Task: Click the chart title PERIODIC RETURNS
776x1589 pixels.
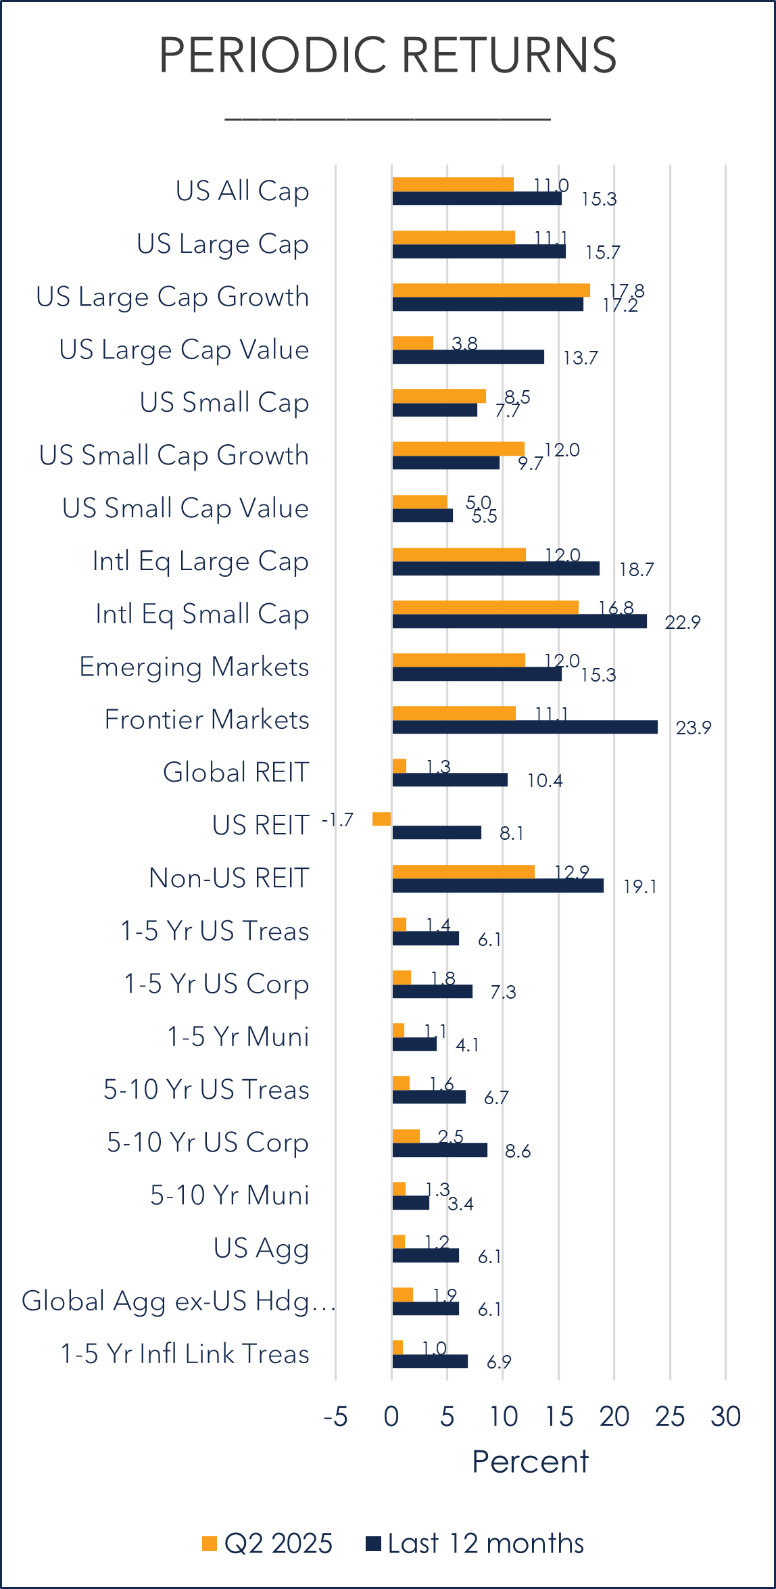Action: click(x=387, y=55)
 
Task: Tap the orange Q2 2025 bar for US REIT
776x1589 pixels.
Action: click(x=382, y=819)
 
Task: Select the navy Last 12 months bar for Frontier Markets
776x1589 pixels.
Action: click(x=525, y=727)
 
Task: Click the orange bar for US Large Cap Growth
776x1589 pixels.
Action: click(x=491, y=290)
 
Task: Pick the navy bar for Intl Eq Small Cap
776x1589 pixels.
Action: click(x=519, y=621)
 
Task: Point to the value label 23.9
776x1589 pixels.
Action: click(x=694, y=728)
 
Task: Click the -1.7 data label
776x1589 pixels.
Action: click(x=337, y=820)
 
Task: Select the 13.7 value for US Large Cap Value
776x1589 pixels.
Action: click(x=581, y=358)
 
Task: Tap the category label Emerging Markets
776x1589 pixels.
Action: click(x=194, y=667)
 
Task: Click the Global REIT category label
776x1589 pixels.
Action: click(x=236, y=772)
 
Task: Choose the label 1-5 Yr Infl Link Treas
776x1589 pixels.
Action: click(x=185, y=1354)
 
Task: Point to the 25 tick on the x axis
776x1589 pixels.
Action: click(x=670, y=1417)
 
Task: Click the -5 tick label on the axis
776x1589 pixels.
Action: click(x=335, y=1417)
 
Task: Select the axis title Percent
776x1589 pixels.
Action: click(x=530, y=1462)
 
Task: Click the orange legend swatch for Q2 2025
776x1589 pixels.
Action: click(x=210, y=1544)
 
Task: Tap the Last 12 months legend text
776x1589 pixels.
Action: click(x=485, y=1544)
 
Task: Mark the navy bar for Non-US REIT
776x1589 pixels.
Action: click(x=498, y=886)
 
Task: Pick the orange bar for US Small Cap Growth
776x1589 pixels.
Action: click(x=458, y=448)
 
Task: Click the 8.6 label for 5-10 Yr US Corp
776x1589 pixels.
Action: click(x=518, y=1151)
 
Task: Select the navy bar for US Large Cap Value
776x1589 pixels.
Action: click(x=468, y=357)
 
